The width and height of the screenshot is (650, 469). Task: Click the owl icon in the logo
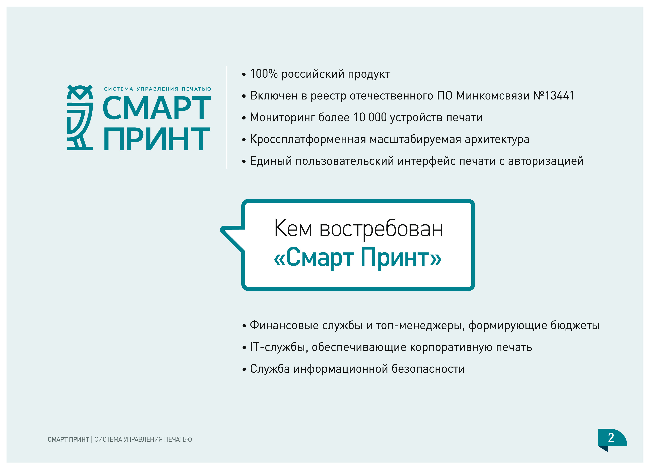coord(80,117)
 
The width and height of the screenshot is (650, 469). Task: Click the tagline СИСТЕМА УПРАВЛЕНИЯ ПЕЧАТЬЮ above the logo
coord(158,89)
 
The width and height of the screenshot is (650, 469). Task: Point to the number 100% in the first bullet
coord(264,74)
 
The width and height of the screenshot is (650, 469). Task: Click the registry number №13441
coord(554,96)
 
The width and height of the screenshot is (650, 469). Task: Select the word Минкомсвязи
coord(493,96)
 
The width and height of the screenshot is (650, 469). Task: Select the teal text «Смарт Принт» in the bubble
coord(358,258)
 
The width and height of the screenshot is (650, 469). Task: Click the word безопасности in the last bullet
coord(428,369)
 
